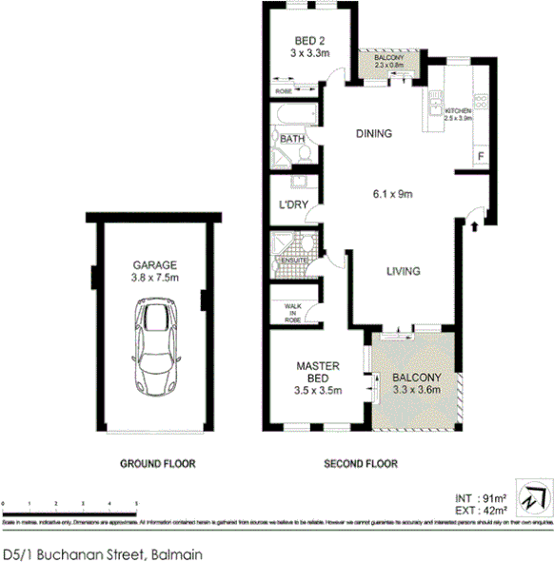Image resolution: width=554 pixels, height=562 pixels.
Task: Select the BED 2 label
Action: pos(309,40)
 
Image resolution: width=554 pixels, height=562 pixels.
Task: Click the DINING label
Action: pos(374,134)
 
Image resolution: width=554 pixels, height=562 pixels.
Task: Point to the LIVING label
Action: pos(403,272)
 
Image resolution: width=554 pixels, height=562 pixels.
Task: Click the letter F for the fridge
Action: pos(480,156)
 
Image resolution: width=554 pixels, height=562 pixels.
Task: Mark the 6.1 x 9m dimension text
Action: pos(391,195)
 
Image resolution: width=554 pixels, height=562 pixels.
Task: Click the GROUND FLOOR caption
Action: pos(157,465)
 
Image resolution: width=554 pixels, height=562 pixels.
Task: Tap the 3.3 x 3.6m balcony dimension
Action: pos(418,388)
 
